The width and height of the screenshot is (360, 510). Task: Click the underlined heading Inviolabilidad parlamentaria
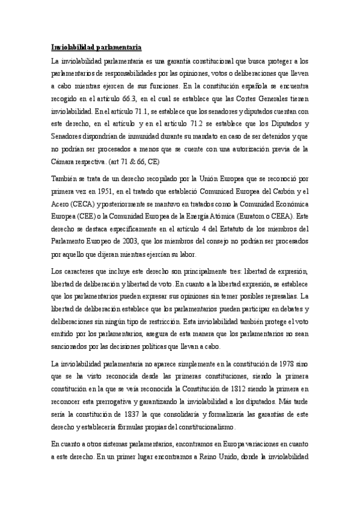click(x=96, y=47)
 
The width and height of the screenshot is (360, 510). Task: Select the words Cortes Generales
click(x=261, y=99)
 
